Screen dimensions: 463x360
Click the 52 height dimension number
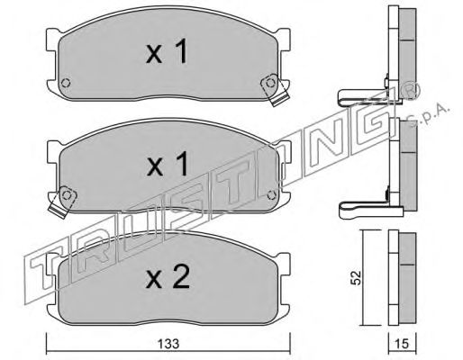pos(355,278)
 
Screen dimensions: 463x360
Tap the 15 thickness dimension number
pos(403,344)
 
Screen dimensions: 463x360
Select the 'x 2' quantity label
pos(168,276)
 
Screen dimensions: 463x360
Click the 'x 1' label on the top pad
pos(167,51)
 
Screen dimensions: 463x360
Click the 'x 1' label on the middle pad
pos(167,164)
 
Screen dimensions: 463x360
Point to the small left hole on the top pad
pos(66,82)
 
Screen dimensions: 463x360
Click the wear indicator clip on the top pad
pos(275,88)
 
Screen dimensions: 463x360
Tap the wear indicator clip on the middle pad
pos(62,202)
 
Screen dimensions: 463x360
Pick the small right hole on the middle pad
pos(271,195)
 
